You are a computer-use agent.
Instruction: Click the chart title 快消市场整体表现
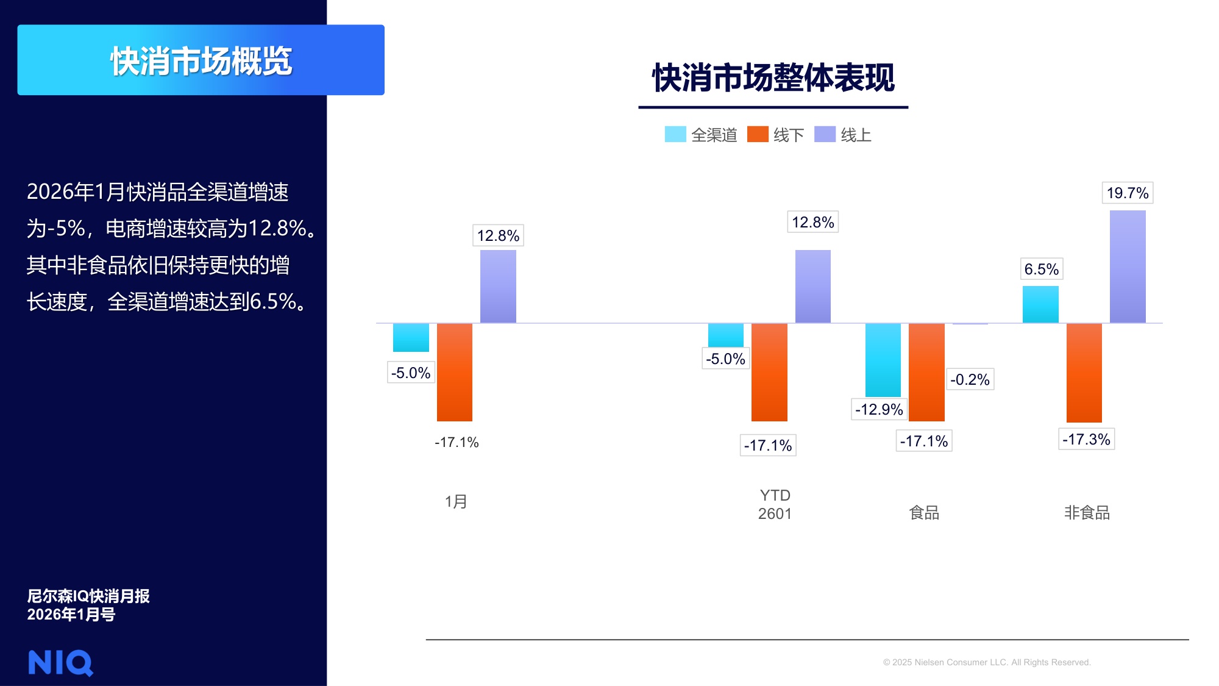tap(773, 78)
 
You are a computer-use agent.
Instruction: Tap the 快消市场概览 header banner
tap(201, 60)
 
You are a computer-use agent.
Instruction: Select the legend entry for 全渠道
tap(701, 135)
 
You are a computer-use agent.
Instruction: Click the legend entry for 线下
tap(776, 135)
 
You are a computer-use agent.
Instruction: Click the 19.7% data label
tap(1127, 193)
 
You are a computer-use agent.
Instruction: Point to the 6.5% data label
tap(1041, 269)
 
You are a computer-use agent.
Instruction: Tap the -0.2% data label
tap(969, 379)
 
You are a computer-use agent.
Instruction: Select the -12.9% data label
tap(878, 409)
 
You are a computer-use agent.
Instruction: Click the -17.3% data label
tap(1086, 439)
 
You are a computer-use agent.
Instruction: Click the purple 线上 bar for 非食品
tap(1128, 266)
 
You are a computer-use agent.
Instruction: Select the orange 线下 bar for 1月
tap(455, 372)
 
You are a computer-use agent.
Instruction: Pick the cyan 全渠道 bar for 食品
tap(883, 360)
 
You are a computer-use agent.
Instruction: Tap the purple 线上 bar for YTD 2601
tap(812, 286)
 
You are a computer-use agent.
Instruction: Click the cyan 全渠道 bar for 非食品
tap(1040, 304)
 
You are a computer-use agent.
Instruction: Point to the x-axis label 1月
tap(456, 502)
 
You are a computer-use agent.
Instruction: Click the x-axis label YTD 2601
tap(775, 504)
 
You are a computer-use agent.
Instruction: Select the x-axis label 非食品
tap(1087, 513)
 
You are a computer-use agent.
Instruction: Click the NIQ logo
tap(60, 663)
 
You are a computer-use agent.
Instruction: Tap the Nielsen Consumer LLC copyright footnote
tap(986, 662)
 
